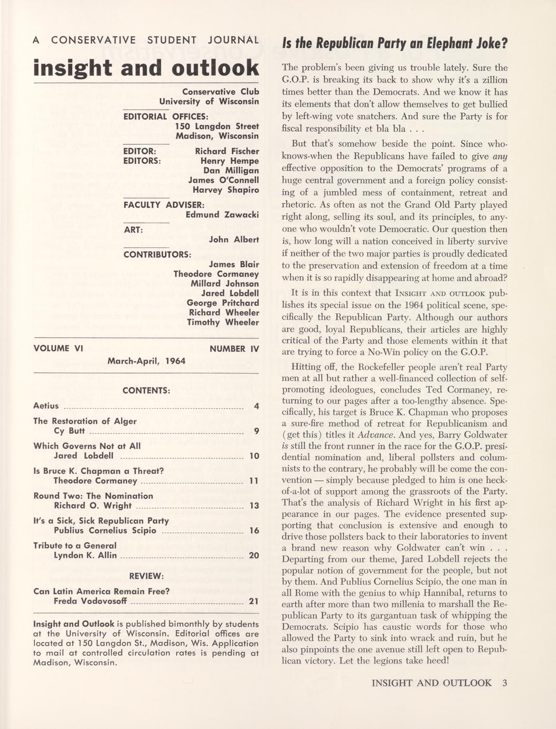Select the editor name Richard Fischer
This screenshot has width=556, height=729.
[x=227, y=151]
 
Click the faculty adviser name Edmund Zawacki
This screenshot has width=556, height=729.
[x=222, y=214]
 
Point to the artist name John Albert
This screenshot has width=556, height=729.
[x=234, y=239]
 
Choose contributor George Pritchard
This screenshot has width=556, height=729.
[x=223, y=303]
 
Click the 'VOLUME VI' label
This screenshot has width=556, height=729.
[x=59, y=349]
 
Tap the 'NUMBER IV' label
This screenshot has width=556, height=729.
[x=234, y=349]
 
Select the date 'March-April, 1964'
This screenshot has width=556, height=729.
[x=146, y=361]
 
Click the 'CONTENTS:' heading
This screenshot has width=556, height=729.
[x=146, y=390]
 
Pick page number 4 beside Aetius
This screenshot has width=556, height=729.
[x=256, y=406]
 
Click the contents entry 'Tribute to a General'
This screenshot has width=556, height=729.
[x=75, y=545]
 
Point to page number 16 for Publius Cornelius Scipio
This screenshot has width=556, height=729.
[x=254, y=530]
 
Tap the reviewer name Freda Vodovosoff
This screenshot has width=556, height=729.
[x=90, y=601]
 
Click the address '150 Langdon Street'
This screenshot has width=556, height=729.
[x=216, y=126]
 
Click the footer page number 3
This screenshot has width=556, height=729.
[x=505, y=683]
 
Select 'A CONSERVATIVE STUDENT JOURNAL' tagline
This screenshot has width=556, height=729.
[x=146, y=40]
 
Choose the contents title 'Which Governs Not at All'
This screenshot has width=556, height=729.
[x=87, y=446]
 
